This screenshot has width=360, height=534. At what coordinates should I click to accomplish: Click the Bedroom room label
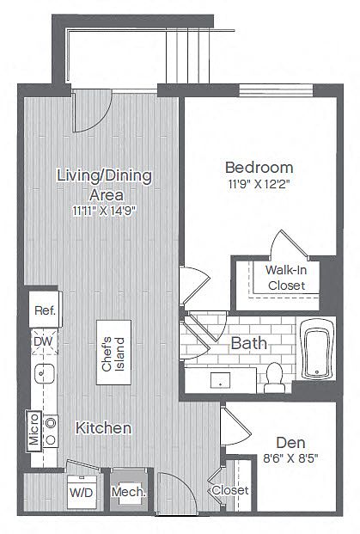click(259, 168)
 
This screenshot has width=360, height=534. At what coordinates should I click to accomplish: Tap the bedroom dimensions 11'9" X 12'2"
click(259, 185)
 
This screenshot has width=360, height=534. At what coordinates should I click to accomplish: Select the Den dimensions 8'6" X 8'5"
click(290, 458)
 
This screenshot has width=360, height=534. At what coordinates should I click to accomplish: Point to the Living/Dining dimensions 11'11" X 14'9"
click(104, 211)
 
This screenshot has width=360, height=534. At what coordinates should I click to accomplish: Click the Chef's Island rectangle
click(113, 353)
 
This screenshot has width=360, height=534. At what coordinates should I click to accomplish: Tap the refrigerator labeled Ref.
click(45, 310)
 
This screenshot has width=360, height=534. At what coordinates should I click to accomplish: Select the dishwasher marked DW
click(45, 341)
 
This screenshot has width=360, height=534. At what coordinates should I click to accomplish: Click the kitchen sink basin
click(44, 373)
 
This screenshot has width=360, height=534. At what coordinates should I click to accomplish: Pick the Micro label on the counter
click(34, 429)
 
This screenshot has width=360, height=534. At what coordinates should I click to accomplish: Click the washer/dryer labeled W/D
click(82, 492)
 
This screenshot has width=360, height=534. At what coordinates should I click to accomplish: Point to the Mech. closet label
click(129, 492)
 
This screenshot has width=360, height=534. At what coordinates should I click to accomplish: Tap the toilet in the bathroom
click(274, 377)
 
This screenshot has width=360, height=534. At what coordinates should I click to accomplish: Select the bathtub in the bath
click(317, 349)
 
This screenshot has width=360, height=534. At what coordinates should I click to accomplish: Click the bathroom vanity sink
click(220, 380)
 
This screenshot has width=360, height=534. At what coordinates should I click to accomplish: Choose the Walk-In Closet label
click(286, 278)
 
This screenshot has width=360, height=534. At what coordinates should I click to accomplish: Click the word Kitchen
click(103, 428)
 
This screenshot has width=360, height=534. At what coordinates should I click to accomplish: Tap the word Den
click(290, 443)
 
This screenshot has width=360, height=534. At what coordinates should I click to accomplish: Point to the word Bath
click(248, 343)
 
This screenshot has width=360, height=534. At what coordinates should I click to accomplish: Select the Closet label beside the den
click(230, 490)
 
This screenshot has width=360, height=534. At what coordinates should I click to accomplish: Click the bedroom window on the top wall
click(276, 90)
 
